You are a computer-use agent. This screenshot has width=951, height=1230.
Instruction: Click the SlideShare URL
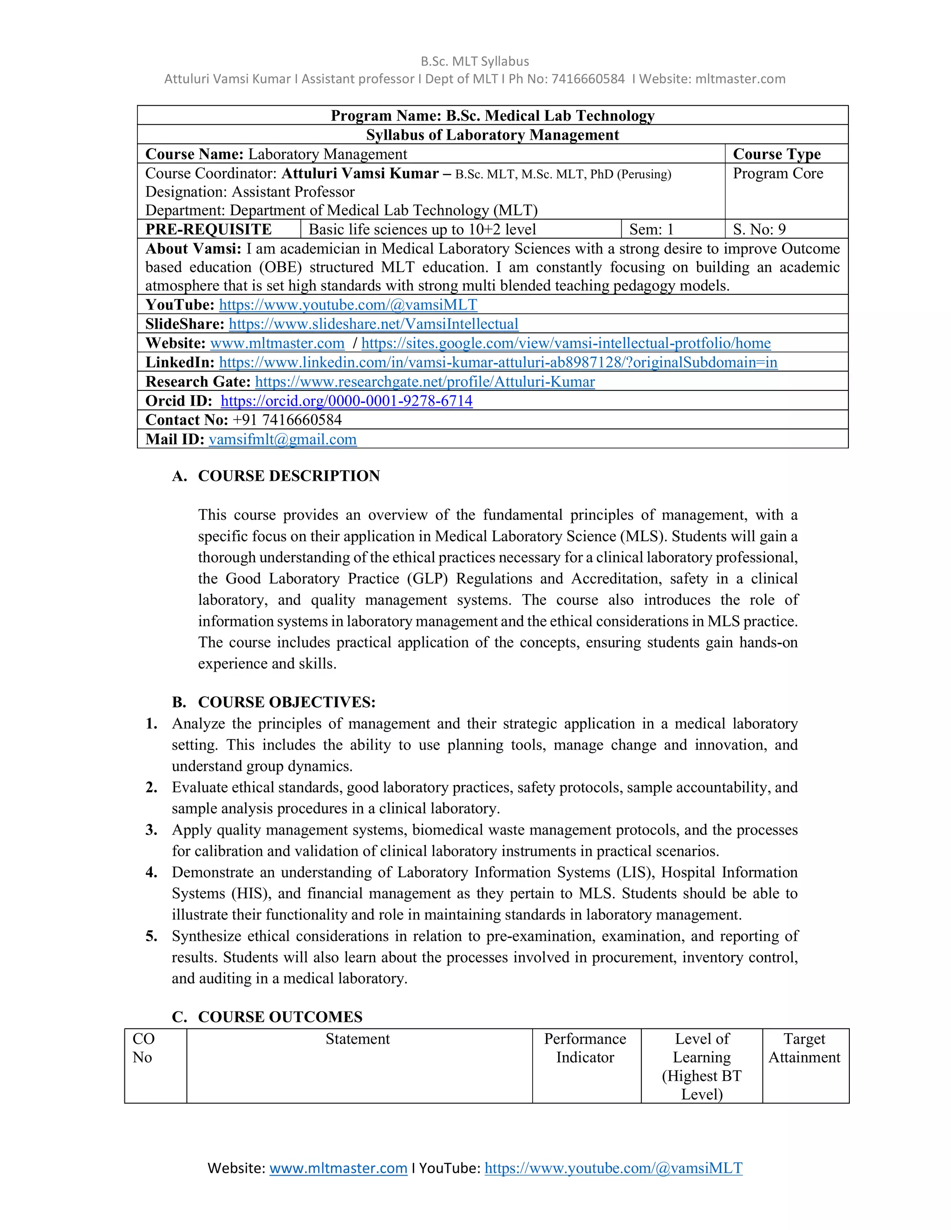pos(373,324)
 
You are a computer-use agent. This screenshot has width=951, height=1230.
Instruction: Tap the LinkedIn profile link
pos(498,362)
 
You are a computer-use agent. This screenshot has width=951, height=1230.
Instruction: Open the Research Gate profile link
pos(425,382)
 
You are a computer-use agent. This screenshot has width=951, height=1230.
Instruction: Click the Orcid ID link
pos(346,401)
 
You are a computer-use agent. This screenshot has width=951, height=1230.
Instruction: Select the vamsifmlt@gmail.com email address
pos(282,439)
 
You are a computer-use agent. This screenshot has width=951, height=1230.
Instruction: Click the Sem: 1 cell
pos(651,229)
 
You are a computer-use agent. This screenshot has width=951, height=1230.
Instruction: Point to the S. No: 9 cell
pos(759,229)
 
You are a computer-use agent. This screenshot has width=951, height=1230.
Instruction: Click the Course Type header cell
pos(776,154)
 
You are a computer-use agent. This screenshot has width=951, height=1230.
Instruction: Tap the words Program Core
pos(777,174)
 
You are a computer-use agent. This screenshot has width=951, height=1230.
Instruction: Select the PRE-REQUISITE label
pos(208,229)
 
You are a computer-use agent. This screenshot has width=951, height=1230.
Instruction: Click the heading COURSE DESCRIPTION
pos(288,476)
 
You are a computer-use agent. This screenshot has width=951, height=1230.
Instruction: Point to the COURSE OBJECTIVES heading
pos(286,702)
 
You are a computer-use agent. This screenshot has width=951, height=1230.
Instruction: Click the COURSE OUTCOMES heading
pos(280,1016)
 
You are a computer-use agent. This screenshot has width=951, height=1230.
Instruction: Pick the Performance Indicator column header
pos(585,1048)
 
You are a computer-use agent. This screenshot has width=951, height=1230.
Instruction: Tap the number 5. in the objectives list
pos(151,936)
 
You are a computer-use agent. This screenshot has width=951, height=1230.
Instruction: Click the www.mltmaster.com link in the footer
pos(338,1168)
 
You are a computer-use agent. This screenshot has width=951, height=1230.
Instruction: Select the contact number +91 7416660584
pos(287,420)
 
